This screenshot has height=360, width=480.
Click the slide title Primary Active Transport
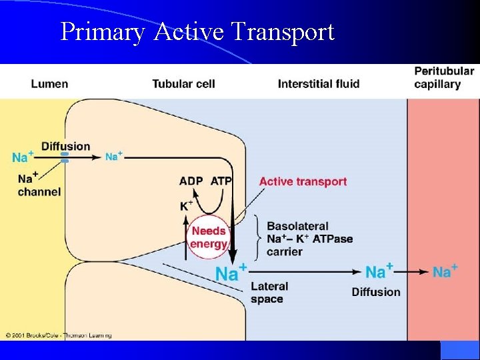(x=197, y=31)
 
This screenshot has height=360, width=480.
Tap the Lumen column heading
(x=49, y=84)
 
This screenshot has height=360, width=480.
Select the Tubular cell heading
(x=183, y=84)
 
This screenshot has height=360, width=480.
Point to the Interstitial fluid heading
(x=318, y=84)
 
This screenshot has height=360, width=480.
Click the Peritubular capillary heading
(x=444, y=77)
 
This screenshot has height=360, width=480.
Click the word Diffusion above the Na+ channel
(x=65, y=146)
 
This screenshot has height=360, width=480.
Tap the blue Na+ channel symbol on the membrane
(x=65, y=157)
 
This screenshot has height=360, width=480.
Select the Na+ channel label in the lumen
(x=39, y=185)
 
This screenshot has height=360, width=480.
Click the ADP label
(x=192, y=181)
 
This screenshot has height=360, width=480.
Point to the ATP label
(x=222, y=181)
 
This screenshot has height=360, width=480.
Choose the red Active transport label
(x=303, y=181)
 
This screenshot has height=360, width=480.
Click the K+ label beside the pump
(x=187, y=206)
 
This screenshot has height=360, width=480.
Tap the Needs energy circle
(x=209, y=237)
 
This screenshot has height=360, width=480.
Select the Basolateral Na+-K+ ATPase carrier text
(x=309, y=239)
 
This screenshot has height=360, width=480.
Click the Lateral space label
(x=269, y=292)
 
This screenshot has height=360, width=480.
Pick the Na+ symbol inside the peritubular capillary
(x=445, y=271)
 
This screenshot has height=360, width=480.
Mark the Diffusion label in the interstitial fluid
(x=376, y=291)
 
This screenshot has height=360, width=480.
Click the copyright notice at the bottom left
(x=59, y=335)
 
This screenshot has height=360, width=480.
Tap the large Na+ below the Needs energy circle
(x=231, y=273)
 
